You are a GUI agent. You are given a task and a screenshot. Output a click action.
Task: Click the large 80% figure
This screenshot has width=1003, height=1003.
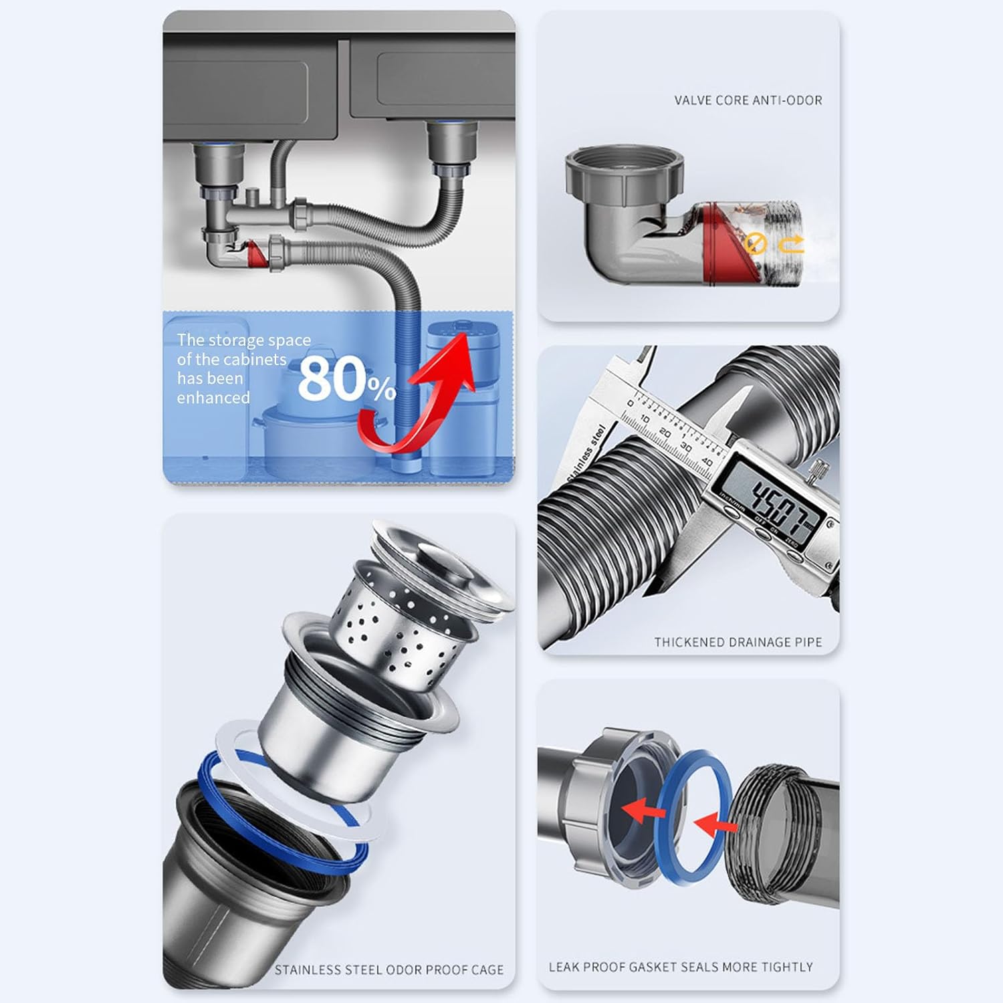coord(346,380)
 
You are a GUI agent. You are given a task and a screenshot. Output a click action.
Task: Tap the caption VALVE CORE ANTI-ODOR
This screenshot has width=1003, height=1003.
coord(748,100)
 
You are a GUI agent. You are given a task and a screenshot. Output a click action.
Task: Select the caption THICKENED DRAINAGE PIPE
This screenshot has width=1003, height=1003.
coord(738,642)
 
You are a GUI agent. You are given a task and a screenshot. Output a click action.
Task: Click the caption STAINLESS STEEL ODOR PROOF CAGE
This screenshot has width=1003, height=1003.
coord(388,970)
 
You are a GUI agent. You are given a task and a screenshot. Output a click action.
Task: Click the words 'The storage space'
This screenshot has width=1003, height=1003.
coord(243,340)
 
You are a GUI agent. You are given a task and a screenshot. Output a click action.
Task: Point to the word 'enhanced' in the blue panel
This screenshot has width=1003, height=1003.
coord(213,398)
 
